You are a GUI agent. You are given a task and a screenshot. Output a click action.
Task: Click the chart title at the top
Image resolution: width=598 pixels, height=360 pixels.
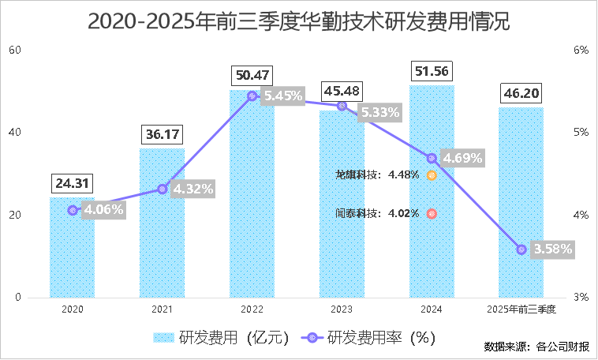298,21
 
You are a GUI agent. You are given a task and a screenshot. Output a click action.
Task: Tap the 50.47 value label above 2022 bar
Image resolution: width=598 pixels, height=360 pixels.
252,76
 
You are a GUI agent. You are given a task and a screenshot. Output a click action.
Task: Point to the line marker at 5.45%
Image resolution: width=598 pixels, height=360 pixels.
252,96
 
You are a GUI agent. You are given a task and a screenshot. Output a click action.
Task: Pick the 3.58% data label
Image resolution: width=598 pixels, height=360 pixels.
553,249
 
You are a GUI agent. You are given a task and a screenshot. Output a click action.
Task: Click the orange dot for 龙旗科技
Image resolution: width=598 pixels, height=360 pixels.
432,175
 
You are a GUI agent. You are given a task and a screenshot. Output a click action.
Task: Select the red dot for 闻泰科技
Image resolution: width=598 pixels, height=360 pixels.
432,213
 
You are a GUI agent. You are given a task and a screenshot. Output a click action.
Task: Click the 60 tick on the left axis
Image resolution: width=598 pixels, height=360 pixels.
13,50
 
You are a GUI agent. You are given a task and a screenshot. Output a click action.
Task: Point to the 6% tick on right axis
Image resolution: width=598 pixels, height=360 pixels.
581,50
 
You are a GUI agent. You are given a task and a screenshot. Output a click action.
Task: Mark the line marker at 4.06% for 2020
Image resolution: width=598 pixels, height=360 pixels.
73,211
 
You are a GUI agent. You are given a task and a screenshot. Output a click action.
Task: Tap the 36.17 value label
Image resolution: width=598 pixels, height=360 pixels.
163,135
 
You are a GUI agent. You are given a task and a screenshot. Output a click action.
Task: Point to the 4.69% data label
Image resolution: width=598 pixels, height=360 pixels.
463,158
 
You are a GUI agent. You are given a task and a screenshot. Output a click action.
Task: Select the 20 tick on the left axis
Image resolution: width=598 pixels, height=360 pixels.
13,215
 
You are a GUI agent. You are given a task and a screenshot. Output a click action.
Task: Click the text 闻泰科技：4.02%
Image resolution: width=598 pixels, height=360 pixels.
377,213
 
